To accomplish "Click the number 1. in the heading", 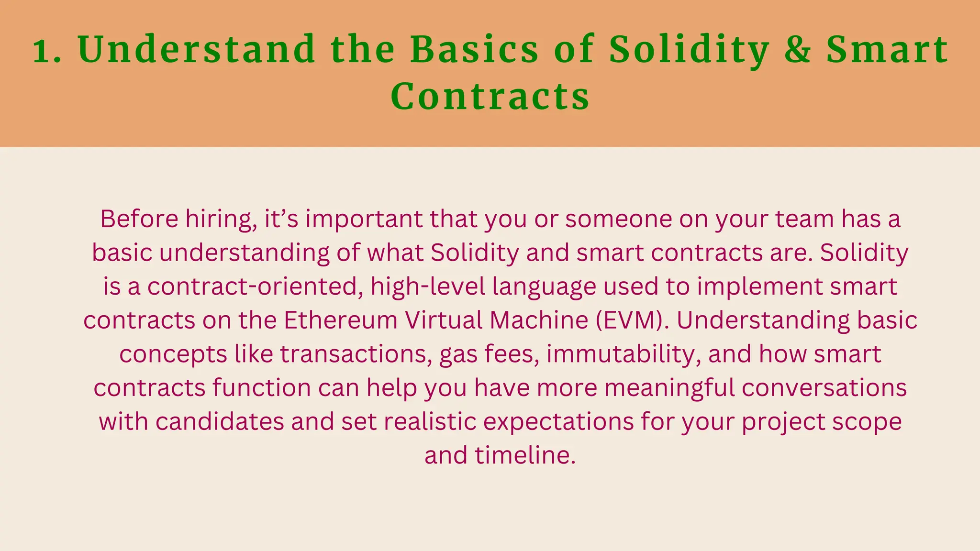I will point(47,50).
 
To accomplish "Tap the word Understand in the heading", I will point(197,49).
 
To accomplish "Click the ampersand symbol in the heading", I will point(797,50).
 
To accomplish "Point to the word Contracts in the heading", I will point(490,97).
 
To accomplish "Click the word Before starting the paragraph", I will point(139,219).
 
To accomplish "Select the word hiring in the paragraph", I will point(221,220).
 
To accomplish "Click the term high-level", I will point(428,287).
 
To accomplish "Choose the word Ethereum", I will point(340,320).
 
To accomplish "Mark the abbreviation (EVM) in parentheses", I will point(633,320).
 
